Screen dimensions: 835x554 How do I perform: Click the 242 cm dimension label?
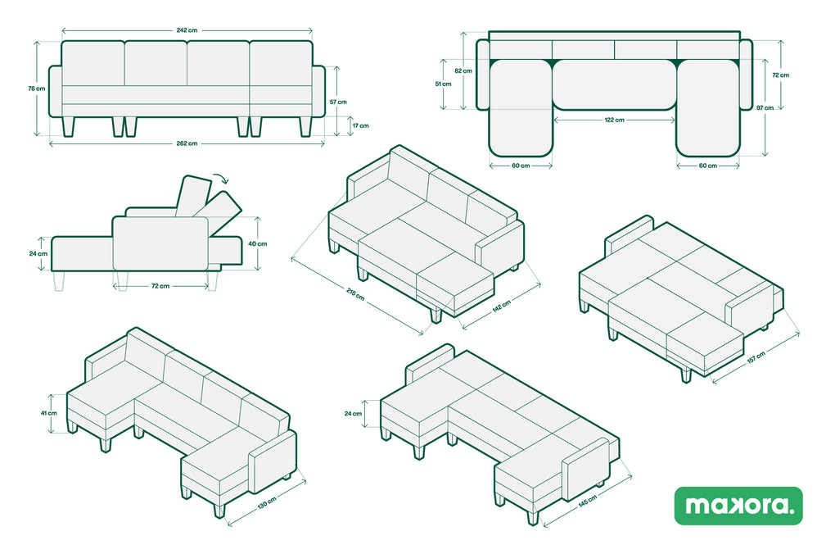pos(187,30)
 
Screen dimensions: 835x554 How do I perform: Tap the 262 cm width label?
pos(187,143)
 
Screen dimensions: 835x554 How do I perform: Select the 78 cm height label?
pos(36,89)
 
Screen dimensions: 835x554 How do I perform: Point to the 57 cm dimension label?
pos(337,102)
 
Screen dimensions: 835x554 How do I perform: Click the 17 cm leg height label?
pos(360,126)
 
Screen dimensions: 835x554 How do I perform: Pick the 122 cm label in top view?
pos(614,120)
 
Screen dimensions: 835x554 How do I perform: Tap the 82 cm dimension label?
pos(463,71)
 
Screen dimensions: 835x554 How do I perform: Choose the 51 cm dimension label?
pos(443,84)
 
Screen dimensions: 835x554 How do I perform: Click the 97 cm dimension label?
pos(765,107)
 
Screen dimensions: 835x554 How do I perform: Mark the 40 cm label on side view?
pos(258,243)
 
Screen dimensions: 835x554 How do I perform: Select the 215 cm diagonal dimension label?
pos(355,294)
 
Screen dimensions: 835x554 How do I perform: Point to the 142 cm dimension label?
pos(502,306)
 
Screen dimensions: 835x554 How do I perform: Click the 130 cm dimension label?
pos(268,502)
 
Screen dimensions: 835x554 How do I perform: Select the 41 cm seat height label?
pos(48,413)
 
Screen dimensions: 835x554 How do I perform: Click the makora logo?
pos(738,506)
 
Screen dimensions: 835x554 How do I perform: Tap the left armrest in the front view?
pos(56,91)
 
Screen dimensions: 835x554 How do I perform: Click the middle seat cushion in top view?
pos(614,84)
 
